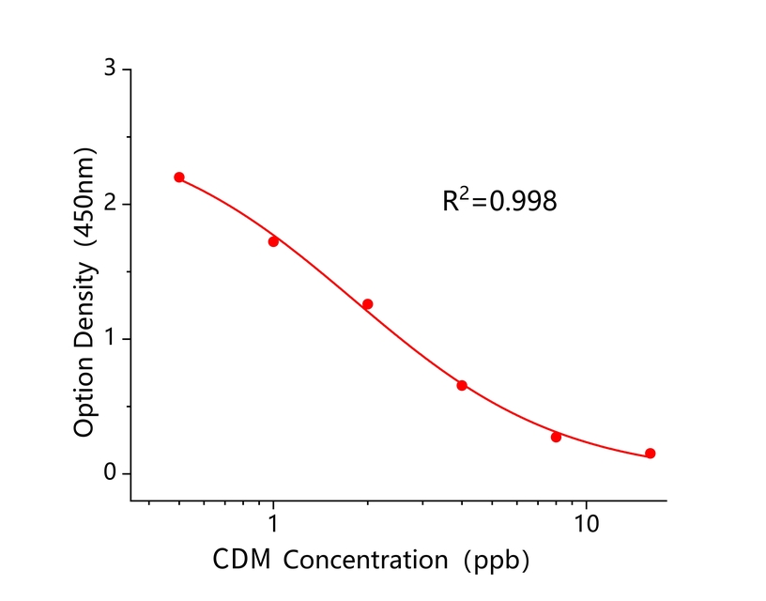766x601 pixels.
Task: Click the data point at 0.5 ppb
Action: [x=179, y=177]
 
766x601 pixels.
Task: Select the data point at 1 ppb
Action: [x=273, y=241]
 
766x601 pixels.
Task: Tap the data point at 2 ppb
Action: [x=368, y=304]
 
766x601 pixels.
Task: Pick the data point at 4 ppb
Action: [x=462, y=385]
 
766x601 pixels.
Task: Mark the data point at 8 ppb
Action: [x=557, y=437]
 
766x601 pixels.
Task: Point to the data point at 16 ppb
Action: [x=651, y=454]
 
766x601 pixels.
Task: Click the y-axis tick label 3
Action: [x=111, y=69]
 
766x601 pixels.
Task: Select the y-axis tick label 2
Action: [x=111, y=204]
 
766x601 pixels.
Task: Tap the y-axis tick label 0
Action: [x=111, y=473]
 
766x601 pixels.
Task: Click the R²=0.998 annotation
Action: [x=499, y=200]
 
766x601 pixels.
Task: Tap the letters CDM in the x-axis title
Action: [x=243, y=562]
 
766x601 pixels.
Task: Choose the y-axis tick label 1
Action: [x=111, y=338]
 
